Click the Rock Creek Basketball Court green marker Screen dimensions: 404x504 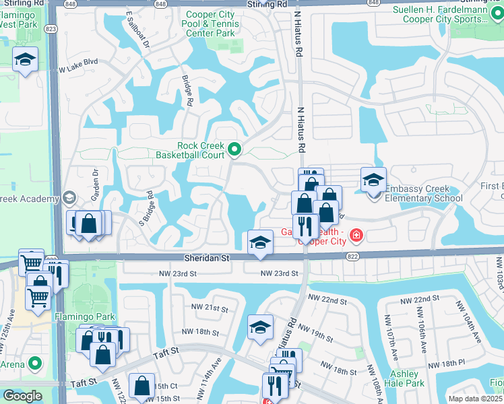click(234, 149)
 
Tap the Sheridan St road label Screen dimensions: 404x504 click(207, 258)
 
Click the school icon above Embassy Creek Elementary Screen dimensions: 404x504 click(373, 180)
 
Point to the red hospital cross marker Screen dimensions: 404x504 click(355, 236)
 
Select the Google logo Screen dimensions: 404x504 click(22, 395)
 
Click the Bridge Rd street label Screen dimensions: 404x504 click(187, 92)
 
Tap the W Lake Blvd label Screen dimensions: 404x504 click(78, 69)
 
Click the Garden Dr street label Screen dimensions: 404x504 click(95, 182)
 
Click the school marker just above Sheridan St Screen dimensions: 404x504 click(259, 243)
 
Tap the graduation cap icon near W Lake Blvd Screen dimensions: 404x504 click(25, 60)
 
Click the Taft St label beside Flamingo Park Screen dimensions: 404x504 click(165, 351)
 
